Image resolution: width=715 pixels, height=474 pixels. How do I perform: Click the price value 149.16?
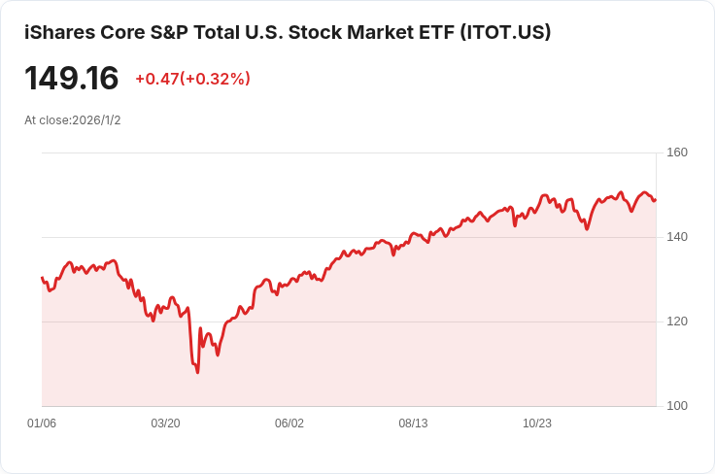point(71,78)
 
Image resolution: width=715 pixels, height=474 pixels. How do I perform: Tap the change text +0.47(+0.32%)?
point(192,79)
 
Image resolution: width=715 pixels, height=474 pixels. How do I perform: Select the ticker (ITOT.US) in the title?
point(504,32)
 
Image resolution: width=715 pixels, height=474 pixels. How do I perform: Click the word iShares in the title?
point(59,32)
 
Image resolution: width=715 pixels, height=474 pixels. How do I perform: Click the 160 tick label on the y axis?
point(677,152)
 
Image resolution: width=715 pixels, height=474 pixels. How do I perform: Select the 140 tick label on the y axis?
point(677,237)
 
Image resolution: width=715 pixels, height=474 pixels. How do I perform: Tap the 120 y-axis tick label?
point(677,322)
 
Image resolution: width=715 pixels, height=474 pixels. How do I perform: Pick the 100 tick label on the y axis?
point(677,406)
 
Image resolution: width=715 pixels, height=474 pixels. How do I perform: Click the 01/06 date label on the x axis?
point(42,423)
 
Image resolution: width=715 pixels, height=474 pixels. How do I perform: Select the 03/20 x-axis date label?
point(166,423)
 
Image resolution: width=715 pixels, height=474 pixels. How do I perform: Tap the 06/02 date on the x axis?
point(289,423)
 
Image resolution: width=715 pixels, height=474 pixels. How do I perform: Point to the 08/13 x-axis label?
point(414,423)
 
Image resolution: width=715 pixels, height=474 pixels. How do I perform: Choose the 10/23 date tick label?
point(537,423)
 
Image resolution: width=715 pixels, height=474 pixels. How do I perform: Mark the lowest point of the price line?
point(197,372)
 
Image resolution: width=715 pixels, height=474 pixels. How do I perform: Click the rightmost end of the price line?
point(656,200)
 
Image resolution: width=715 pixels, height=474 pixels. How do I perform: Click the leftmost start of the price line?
point(42,278)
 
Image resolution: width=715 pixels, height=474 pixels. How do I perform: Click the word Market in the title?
point(362,32)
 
